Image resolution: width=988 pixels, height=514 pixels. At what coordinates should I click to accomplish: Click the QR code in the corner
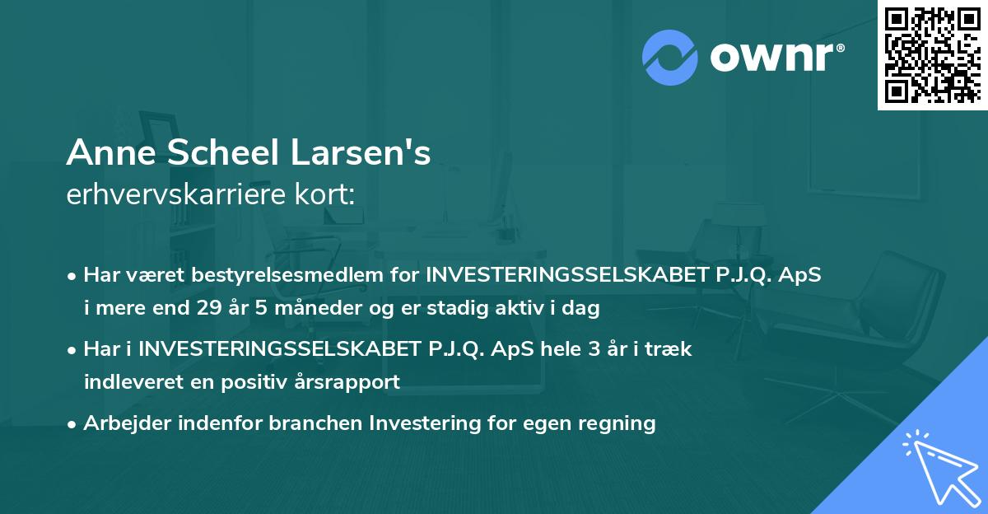tap(933, 54)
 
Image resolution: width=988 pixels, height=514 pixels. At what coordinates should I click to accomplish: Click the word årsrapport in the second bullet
tap(352, 381)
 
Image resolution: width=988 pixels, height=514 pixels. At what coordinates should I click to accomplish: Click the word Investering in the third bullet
tap(420, 423)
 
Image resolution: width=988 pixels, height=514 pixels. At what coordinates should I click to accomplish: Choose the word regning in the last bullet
tap(617, 423)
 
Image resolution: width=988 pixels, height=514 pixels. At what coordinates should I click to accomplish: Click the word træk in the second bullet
tap(670, 348)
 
